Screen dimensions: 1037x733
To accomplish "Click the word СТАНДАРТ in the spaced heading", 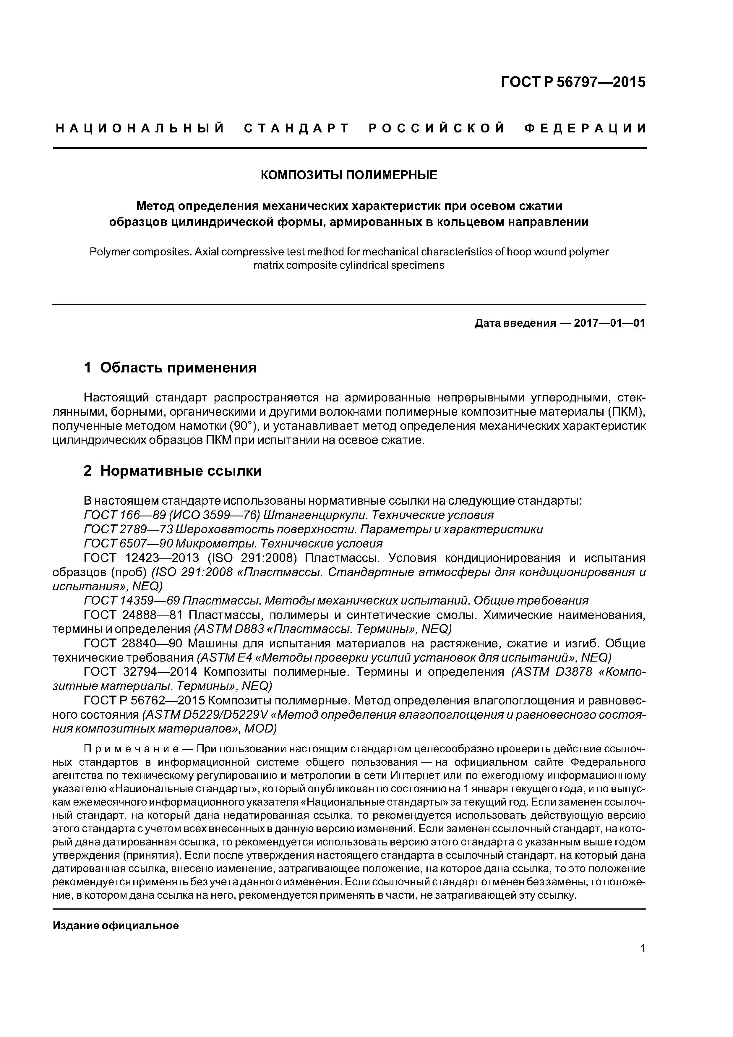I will (x=297, y=129).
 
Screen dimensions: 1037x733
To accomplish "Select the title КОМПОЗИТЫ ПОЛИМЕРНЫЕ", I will (x=349, y=175).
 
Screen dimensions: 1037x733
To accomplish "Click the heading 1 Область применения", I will (x=170, y=368).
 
